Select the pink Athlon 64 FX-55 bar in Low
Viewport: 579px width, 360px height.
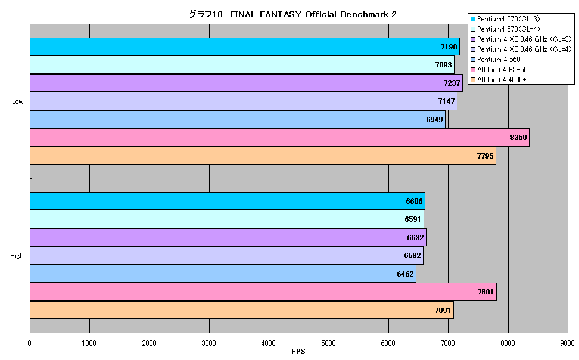[x=279, y=138]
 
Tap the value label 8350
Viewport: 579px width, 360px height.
[x=518, y=138]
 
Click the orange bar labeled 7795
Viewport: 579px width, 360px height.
[x=263, y=156]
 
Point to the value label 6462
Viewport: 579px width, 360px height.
[x=405, y=274]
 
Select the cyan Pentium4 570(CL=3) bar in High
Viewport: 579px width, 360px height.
[x=228, y=201]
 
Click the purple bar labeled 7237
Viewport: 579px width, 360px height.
[x=246, y=83]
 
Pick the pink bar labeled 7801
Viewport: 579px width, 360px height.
[x=263, y=292]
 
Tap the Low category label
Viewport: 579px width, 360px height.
[x=17, y=101]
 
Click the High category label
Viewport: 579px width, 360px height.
[x=17, y=256]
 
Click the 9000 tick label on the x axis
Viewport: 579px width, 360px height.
[x=567, y=343]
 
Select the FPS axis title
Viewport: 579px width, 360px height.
[x=298, y=352]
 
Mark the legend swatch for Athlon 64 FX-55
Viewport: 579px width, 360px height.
[x=472, y=70]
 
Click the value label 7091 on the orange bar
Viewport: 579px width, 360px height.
[x=443, y=310]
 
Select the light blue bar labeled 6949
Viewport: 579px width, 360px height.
[x=238, y=119]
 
